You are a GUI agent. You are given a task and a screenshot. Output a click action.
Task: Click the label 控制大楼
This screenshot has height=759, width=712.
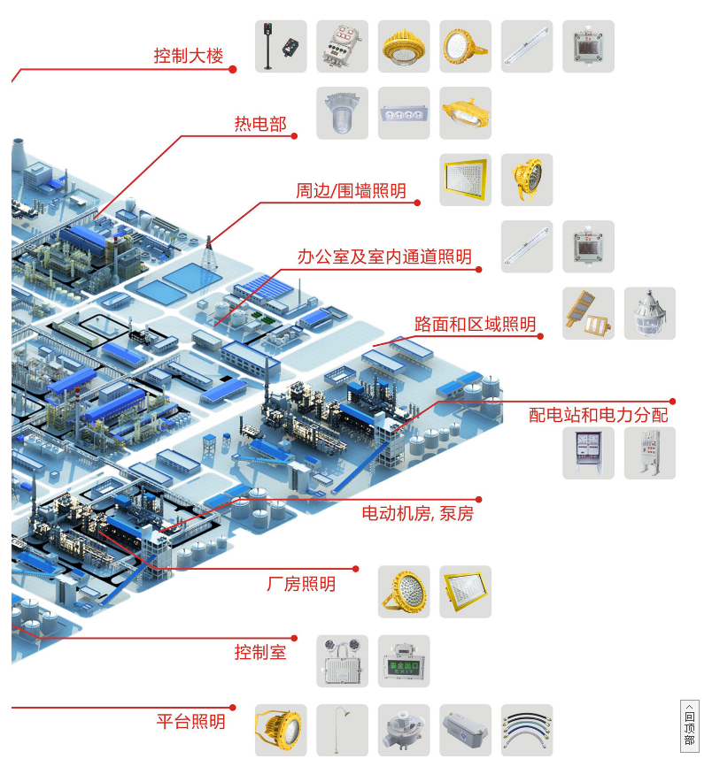189,57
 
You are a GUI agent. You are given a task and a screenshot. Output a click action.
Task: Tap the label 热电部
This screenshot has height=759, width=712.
260,125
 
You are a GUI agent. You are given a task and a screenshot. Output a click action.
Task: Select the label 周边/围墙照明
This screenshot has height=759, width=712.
351,191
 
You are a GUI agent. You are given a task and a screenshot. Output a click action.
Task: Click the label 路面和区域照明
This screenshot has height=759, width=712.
476,325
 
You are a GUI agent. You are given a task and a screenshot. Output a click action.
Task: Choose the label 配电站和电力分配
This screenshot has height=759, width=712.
599,415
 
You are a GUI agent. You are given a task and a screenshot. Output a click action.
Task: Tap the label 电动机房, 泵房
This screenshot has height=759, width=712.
417,514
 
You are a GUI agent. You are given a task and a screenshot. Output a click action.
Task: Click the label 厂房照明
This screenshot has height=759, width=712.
301,584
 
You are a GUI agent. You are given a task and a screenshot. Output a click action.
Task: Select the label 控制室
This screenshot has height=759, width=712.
260,653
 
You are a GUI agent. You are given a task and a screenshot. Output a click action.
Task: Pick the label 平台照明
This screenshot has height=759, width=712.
190,722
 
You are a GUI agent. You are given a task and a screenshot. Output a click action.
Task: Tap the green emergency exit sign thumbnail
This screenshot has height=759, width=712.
404,661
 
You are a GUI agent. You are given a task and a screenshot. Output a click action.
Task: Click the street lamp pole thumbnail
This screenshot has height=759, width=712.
343,730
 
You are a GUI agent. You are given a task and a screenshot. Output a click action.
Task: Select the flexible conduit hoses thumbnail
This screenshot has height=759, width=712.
527,730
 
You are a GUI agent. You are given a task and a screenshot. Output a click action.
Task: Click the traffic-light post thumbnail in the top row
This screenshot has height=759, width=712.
281,46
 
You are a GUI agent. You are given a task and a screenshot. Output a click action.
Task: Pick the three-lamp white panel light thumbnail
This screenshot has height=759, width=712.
404,112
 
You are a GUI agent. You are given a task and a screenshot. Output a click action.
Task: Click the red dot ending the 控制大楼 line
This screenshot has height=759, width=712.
234,68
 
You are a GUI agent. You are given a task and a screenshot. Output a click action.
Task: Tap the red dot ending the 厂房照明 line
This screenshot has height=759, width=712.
356,569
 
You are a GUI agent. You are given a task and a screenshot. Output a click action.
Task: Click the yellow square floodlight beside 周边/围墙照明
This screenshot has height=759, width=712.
466,180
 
